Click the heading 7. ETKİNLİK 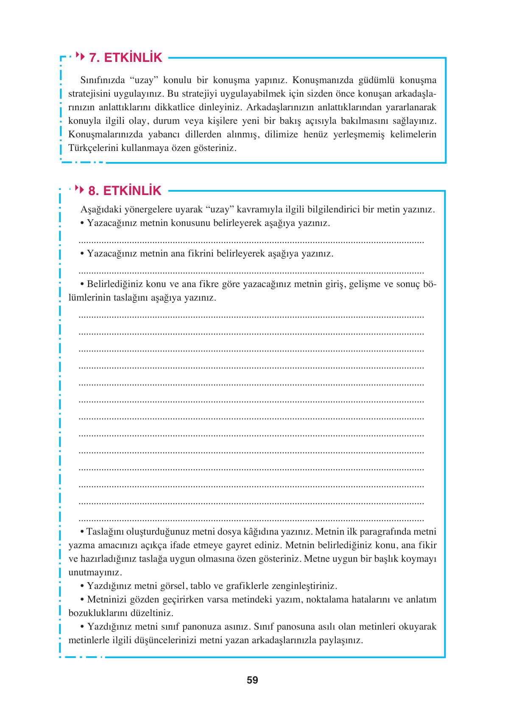tap(126, 58)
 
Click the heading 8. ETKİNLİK tap(125, 191)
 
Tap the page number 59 tap(252, 680)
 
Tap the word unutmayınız tap(95, 572)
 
